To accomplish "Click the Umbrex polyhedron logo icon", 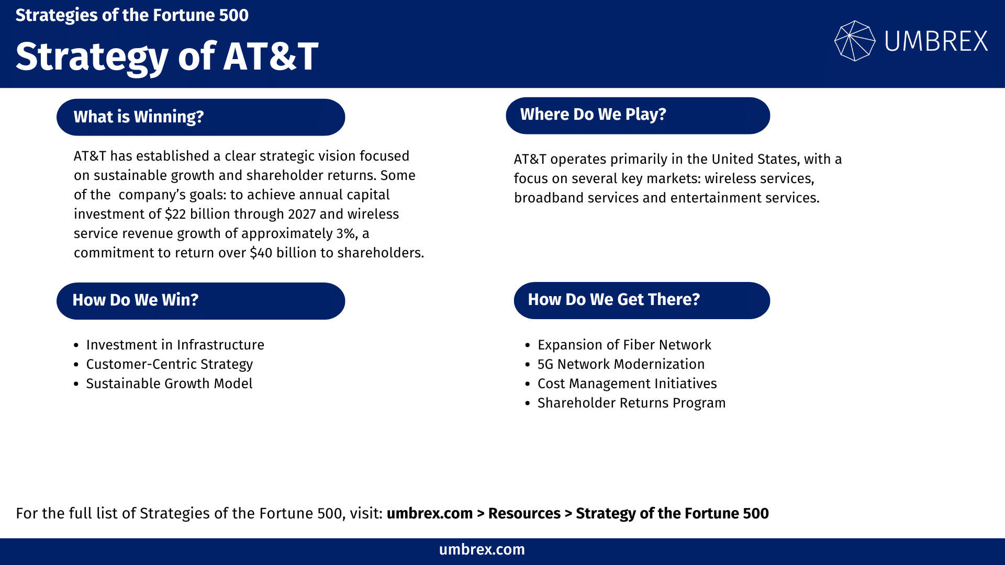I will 854,41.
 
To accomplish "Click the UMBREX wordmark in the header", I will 936,41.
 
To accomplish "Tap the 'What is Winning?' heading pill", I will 200,117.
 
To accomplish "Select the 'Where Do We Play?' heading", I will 638,115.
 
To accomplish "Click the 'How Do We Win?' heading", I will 200,301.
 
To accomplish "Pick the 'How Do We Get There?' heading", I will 642,300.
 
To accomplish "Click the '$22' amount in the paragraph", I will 175,214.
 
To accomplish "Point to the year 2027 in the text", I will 301,214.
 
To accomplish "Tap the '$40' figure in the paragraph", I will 261,253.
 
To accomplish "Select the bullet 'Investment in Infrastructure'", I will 175,345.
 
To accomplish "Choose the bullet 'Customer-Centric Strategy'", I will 169,365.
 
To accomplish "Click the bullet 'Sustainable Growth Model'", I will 169,384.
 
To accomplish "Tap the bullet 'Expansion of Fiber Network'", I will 624,345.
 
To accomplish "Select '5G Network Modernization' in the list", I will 621,365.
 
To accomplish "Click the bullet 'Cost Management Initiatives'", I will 627,384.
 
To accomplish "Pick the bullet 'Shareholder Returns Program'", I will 631,403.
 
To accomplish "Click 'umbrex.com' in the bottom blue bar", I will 482,550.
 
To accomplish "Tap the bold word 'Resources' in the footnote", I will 524,514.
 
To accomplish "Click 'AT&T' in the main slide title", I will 271,56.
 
